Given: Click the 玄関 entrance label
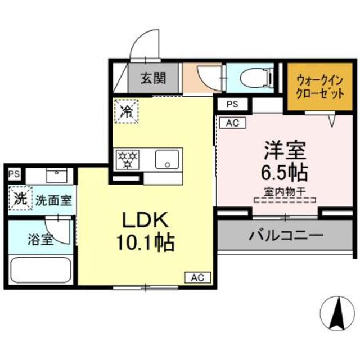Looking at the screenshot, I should (x=153, y=79).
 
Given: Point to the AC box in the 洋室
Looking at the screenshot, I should (x=232, y=123).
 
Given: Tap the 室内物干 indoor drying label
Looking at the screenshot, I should (x=285, y=191).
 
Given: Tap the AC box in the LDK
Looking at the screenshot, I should (x=197, y=277).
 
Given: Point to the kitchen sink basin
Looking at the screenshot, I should (x=168, y=159).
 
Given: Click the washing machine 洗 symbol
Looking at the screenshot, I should (x=20, y=198).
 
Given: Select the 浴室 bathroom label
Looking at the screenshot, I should (x=40, y=239).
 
